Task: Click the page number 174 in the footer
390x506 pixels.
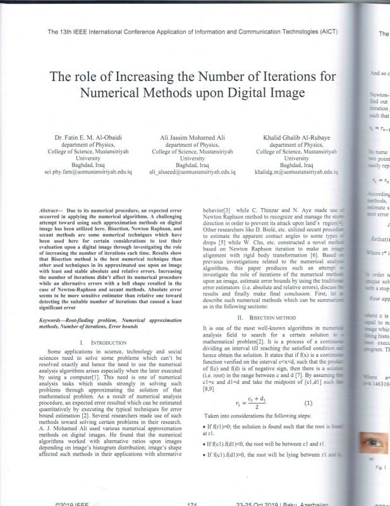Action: (193, 503)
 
